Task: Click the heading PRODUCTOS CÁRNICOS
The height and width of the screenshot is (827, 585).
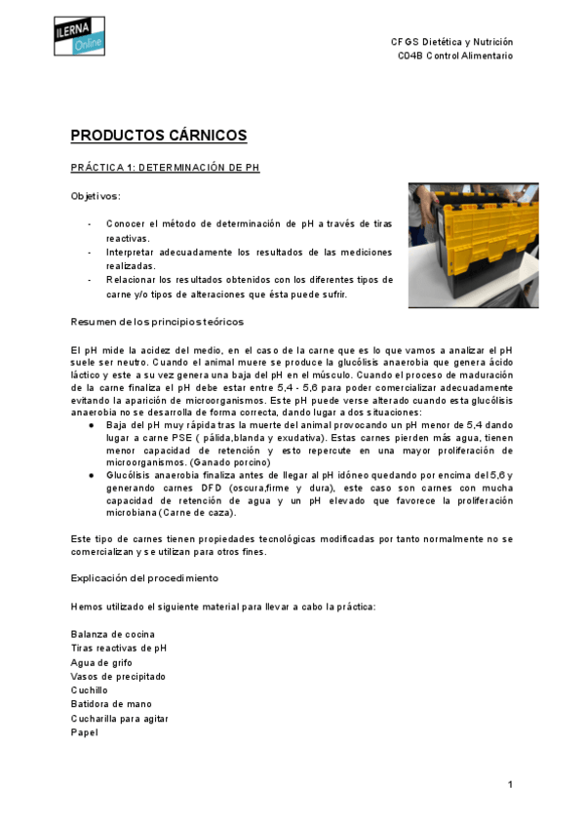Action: click(x=159, y=136)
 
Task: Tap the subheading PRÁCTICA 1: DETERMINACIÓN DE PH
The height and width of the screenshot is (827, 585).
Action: click(x=165, y=168)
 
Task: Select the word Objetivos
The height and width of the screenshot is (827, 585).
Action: click(x=96, y=196)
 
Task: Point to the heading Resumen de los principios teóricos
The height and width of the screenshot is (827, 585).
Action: click(x=157, y=322)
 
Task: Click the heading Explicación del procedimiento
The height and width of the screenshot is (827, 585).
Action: click(x=144, y=577)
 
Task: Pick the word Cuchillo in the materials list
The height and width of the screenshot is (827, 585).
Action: click(x=93, y=690)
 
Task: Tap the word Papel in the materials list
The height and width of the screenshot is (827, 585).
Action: click(x=85, y=732)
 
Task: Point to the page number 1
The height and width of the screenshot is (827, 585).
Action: click(x=509, y=784)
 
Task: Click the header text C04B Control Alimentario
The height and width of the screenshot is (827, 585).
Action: click(x=454, y=57)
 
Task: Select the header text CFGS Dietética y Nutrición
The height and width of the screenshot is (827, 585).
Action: click(x=451, y=43)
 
